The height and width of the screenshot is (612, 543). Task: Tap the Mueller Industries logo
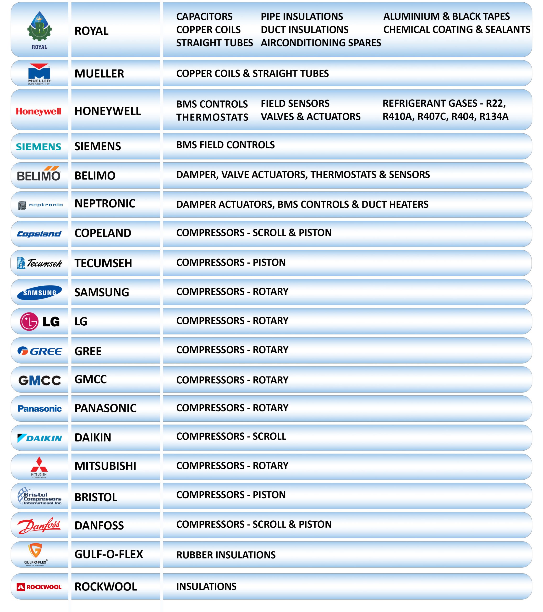click(x=39, y=74)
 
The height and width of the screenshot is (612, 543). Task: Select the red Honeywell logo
click(x=39, y=111)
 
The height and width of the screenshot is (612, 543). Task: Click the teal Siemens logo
click(x=39, y=147)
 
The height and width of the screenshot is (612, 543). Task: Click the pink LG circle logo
click(x=29, y=322)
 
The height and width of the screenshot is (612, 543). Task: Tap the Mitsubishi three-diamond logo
click(x=39, y=465)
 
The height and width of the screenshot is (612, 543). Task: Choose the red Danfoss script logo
click(x=39, y=526)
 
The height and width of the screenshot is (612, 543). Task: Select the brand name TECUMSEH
click(x=103, y=263)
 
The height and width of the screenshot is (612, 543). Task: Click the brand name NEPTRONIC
click(x=105, y=204)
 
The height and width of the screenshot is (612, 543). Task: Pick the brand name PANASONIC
click(x=105, y=408)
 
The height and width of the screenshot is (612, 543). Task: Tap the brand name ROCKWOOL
click(x=106, y=587)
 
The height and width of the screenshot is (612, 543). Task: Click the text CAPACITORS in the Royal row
click(x=204, y=16)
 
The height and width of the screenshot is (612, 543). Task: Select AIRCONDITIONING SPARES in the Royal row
click(x=321, y=43)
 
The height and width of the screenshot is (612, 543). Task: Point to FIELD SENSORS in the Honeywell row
click(x=295, y=104)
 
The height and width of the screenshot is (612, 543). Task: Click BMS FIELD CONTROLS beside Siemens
click(x=225, y=145)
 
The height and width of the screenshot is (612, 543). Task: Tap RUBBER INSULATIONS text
click(x=226, y=555)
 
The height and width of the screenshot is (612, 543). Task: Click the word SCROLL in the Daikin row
click(x=269, y=436)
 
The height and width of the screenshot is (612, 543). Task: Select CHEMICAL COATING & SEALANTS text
click(x=456, y=30)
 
